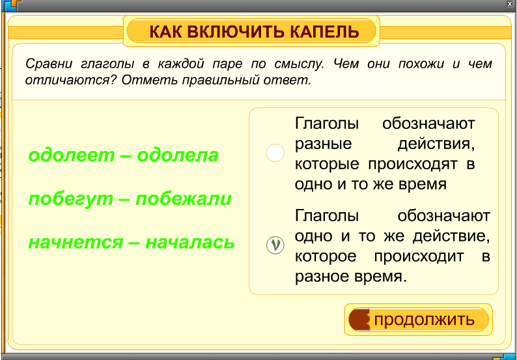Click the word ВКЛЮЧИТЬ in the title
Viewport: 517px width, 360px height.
236,32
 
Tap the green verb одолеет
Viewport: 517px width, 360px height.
71,155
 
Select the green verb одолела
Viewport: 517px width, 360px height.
178,155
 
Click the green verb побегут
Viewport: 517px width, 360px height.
70,199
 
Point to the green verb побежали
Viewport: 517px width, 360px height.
184,199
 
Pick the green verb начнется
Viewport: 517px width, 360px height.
76,243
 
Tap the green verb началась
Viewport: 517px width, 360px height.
190,243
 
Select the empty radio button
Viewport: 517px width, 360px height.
275,153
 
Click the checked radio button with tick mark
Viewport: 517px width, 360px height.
275,245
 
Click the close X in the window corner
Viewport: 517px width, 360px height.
510,4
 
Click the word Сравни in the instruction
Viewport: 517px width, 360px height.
49,64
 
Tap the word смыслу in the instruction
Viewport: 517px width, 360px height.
300,64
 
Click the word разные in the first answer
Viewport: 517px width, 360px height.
323,144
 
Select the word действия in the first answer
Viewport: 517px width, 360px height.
436,144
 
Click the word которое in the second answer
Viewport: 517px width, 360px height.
326,256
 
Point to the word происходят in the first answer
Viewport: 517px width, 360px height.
413,164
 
